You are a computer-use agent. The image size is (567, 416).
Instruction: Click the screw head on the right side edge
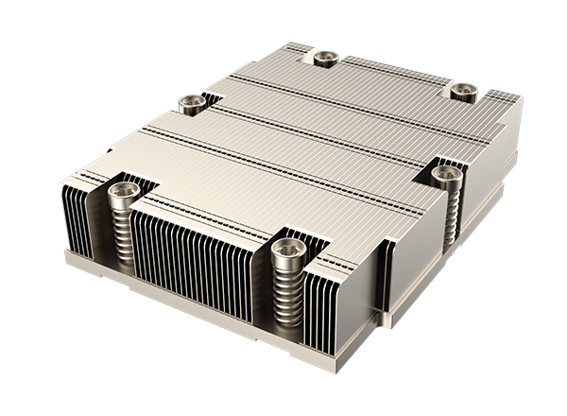click(447, 174)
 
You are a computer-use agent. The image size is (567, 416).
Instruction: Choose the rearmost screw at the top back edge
click(325, 58)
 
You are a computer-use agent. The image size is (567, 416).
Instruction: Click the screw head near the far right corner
click(463, 91)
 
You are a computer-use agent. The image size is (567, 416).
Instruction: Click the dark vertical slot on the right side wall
click(385, 274)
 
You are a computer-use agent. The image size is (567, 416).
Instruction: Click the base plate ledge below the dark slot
click(397, 317)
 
